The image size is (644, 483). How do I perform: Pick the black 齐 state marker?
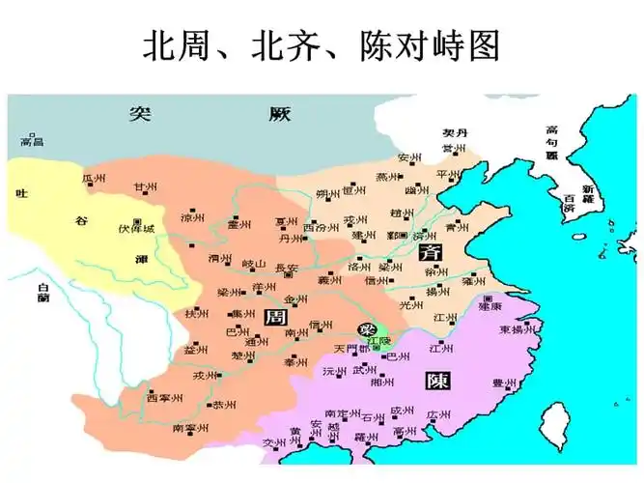click(x=431, y=253)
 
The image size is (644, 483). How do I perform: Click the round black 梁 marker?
click(x=367, y=329)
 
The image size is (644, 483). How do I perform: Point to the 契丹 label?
click(x=455, y=133)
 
